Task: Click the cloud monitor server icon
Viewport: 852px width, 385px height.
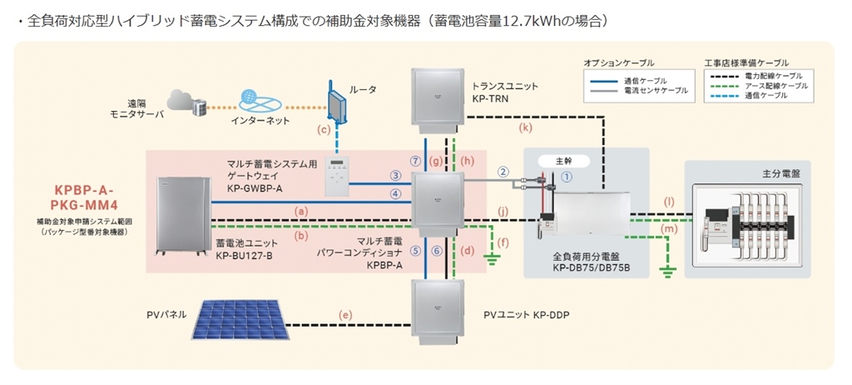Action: [x=184, y=102]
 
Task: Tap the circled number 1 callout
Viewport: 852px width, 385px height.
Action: [x=566, y=176]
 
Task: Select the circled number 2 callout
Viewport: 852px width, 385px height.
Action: [x=503, y=172]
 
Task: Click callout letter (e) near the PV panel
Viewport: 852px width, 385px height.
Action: [x=346, y=314]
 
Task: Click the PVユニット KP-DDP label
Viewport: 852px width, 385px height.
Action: [x=532, y=315]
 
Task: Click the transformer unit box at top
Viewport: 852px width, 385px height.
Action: [x=436, y=97]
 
